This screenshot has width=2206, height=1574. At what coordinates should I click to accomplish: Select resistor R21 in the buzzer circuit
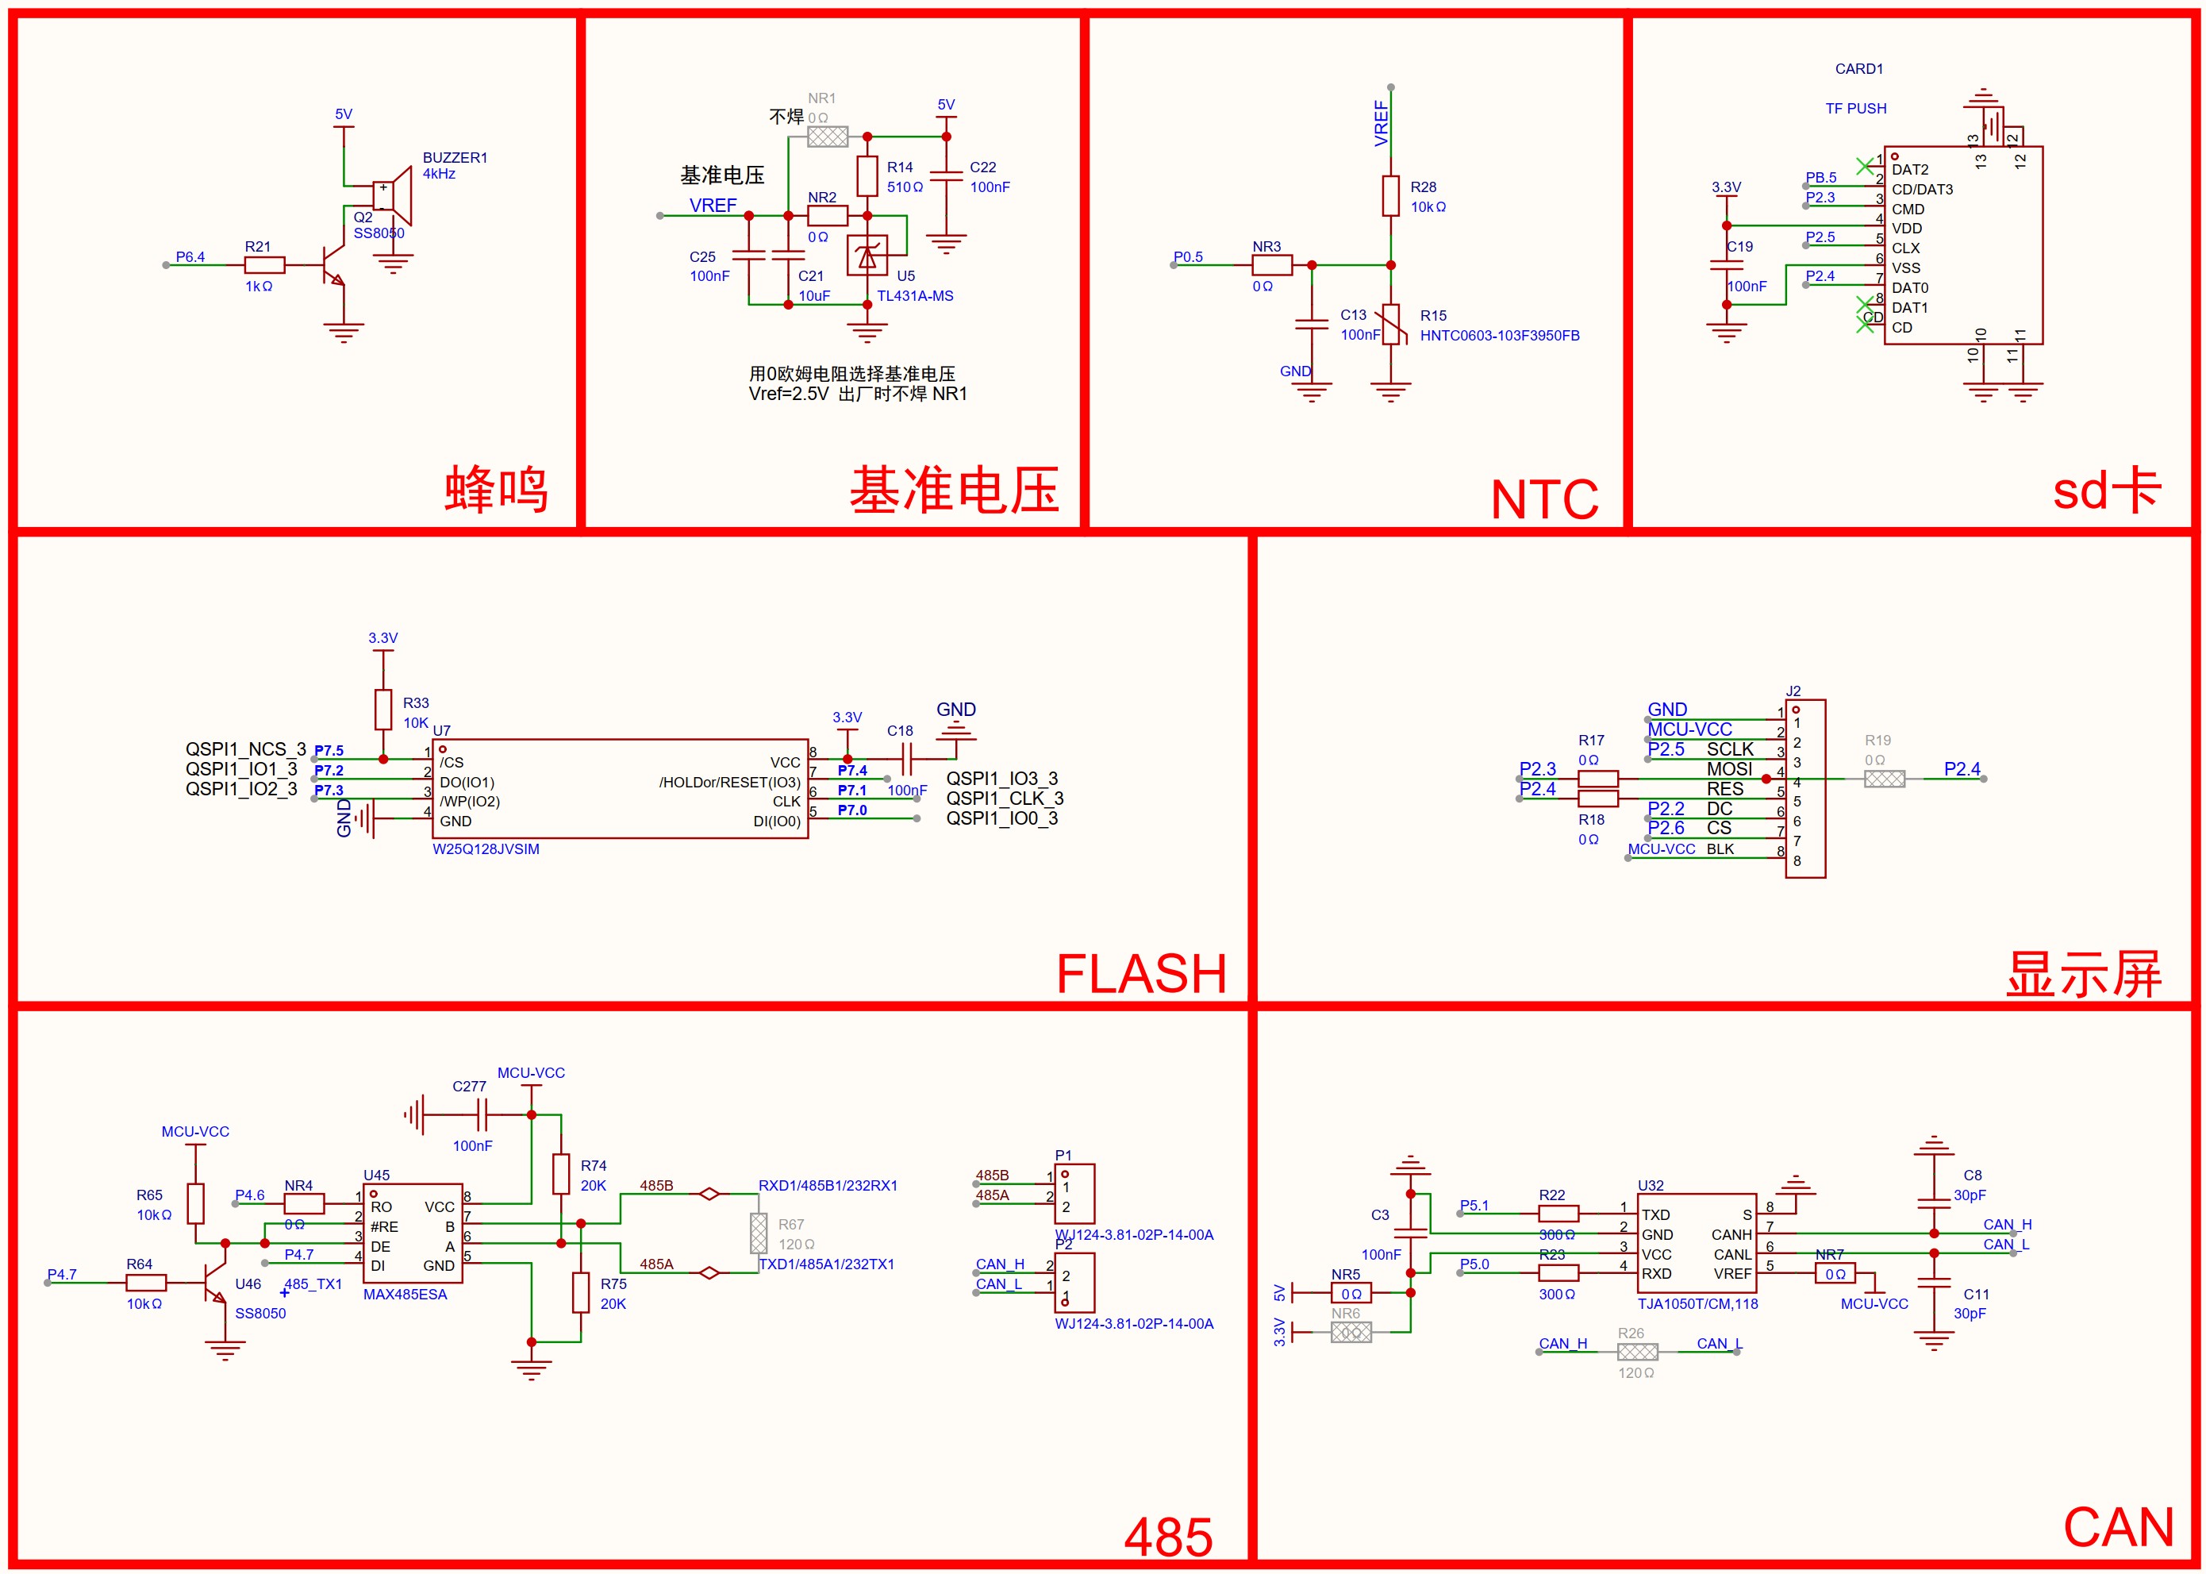click(264, 264)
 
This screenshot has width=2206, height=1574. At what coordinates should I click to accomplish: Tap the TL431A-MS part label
click(915, 295)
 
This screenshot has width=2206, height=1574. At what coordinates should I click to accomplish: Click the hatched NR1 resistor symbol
click(828, 137)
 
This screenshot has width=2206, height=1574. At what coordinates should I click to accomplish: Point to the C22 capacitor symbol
click(946, 175)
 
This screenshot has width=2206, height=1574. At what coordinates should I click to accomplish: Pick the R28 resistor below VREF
click(1390, 196)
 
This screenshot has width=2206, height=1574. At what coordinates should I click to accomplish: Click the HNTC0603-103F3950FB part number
click(1499, 335)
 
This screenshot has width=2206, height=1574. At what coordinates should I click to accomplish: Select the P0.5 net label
click(1188, 257)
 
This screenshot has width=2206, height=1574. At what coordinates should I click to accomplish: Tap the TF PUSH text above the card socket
click(1855, 109)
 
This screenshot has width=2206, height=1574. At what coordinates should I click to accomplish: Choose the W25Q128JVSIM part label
click(486, 849)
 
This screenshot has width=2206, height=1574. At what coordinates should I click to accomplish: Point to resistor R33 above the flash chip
click(383, 710)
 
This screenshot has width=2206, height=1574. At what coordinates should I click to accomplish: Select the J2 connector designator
click(1793, 691)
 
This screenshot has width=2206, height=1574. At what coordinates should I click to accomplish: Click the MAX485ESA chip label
click(405, 1294)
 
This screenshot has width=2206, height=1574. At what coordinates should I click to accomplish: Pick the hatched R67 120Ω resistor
click(759, 1233)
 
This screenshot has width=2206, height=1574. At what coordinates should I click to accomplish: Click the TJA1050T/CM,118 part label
click(1697, 1303)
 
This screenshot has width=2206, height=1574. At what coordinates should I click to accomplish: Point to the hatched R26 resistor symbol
click(1637, 1352)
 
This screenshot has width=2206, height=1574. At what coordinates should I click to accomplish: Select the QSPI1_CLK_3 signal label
click(1005, 798)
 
